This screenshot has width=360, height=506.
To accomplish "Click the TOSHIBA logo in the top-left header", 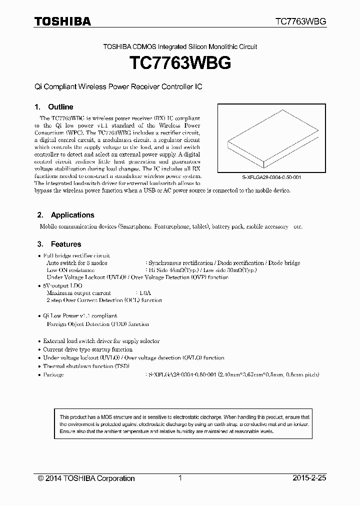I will (x=62, y=21).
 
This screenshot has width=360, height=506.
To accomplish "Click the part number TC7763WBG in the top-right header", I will (x=301, y=21).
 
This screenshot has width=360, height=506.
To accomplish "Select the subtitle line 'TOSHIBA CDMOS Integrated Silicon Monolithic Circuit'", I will (x=180, y=46).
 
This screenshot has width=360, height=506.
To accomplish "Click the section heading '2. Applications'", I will (x=66, y=215).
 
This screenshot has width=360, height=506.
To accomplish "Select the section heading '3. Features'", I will (x=59, y=244).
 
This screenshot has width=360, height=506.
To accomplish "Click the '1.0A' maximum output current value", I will (x=145, y=293).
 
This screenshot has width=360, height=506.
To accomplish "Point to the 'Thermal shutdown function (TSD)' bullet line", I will (x=86, y=366).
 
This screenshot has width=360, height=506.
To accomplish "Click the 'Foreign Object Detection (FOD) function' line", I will (x=97, y=324).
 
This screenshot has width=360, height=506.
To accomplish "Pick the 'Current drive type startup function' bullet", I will (x=87, y=349).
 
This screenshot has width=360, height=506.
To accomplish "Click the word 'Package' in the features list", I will (x=53, y=374).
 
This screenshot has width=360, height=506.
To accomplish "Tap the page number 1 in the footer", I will (x=179, y=478).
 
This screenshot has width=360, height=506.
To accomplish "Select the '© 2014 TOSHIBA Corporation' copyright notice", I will (x=86, y=478).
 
